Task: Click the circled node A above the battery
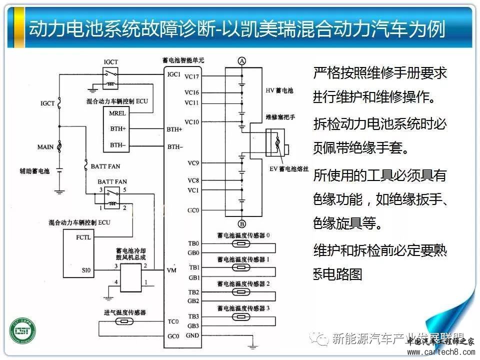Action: (x=242, y=61)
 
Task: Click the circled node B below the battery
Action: (x=242, y=223)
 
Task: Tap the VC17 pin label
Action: (x=191, y=76)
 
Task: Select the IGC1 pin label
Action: (x=174, y=74)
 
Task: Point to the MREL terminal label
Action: (x=117, y=113)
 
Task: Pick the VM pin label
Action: (x=171, y=269)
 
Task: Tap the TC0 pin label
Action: (x=173, y=321)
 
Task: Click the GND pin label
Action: (x=192, y=335)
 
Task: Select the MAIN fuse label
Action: (x=45, y=147)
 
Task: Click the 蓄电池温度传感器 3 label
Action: (x=243, y=308)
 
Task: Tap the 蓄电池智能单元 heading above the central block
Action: (x=183, y=60)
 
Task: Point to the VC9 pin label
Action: (x=192, y=162)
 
